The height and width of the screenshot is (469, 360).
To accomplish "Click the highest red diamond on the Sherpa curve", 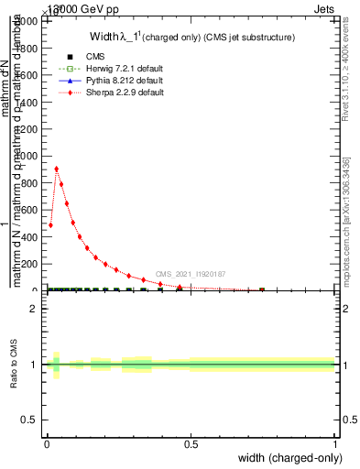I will [57, 169].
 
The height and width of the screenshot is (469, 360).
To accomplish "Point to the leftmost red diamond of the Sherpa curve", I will [50, 224].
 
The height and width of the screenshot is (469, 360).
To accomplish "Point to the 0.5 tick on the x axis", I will [191, 445].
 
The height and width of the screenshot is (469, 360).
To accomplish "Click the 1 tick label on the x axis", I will [335, 445].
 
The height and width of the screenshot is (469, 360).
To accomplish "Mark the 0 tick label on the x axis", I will [47, 445].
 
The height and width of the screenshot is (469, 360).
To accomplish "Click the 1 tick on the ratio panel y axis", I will [34, 365].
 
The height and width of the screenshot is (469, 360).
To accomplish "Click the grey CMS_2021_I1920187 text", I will [190, 274].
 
